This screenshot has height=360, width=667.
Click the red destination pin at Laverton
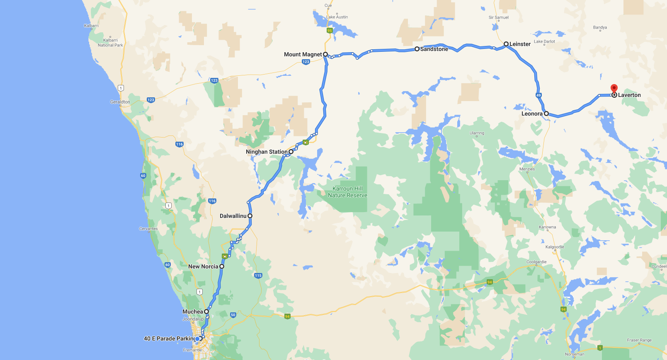pyautogui.click(x=614, y=88)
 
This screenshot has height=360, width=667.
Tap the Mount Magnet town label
pyautogui.click(x=303, y=54)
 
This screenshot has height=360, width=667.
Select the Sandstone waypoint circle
pyautogui.click(x=417, y=49)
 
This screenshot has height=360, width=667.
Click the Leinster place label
pyautogui.click(x=520, y=44)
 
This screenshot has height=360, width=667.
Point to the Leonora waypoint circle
pyautogui.click(x=546, y=114)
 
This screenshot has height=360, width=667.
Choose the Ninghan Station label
pyautogui.click(x=266, y=152)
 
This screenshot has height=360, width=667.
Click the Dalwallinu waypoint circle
pyautogui.click(x=250, y=216)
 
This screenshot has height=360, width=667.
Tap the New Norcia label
pyautogui.click(x=203, y=266)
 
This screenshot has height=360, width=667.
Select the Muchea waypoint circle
pyautogui.click(x=206, y=312)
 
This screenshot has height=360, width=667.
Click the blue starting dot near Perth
pyautogui.click(x=197, y=339)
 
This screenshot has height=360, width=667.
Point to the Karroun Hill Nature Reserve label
pyautogui.click(x=347, y=192)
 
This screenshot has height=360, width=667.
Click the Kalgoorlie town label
pyautogui.click(x=555, y=247)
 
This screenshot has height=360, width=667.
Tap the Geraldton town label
pyautogui.click(x=120, y=102)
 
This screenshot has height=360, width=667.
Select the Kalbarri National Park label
pyautogui.click(x=110, y=43)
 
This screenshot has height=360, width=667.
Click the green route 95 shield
pyautogui.click(x=330, y=31)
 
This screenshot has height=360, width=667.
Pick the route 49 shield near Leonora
pyautogui.click(x=538, y=95)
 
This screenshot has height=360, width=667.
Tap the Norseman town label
pyautogui.click(x=575, y=354)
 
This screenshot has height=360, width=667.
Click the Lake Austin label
pyautogui.click(x=337, y=17)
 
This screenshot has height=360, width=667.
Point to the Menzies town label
pyautogui.click(x=527, y=169)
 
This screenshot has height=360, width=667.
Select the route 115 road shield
pyautogui.click(x=258, y=275)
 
